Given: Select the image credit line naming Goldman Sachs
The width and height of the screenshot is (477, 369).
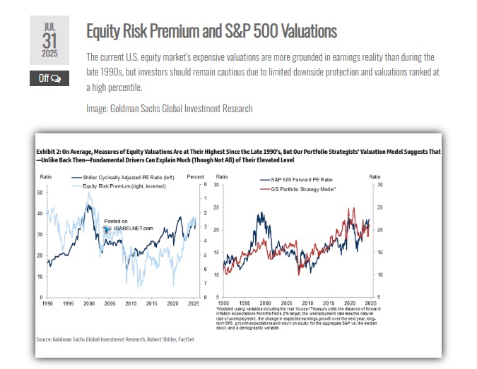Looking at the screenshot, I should click(x=169, y=108).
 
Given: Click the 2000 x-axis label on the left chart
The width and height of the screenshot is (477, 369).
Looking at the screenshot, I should click(x=88, y=304).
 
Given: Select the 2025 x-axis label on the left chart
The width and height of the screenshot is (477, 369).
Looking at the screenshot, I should click(x=193, y=304).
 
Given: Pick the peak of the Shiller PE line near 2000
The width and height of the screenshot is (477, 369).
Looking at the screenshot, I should click(x=88, y=205).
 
